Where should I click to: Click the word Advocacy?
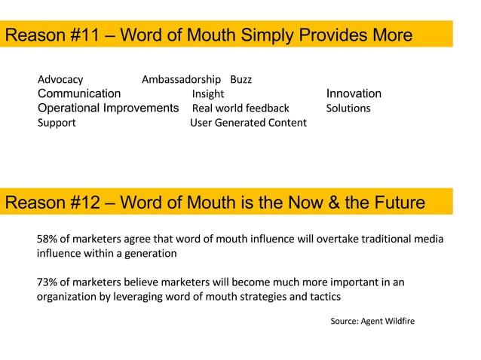coord(60,79)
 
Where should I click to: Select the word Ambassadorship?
coord(181,79)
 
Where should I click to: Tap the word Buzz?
coord(240,79)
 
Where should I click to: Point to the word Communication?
coord(79,93)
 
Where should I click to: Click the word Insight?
coord(207,94)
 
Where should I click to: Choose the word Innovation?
coord(354,93)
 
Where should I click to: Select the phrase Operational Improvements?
coord(108,108)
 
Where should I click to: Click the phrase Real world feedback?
coord(240,108)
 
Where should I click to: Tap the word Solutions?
coord(348,108)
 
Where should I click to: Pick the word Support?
coord(57,123)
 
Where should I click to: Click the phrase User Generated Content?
coord(248,123)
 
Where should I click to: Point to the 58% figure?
coord(48,239)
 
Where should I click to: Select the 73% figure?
coord(48,282)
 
